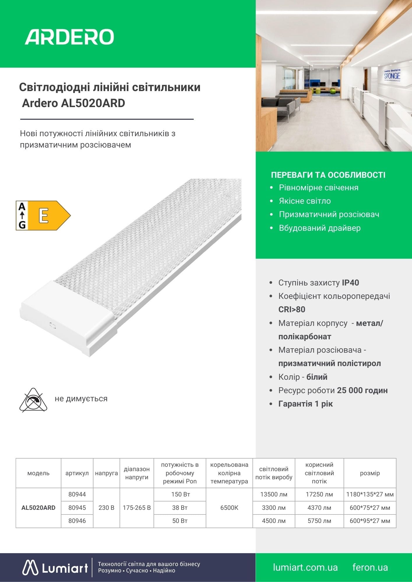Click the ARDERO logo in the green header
pyautogui.click(x=69, y=37)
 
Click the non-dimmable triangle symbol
pyautogui.click(x=33, y=400)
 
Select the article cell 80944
pyautogui.click(x=77, y=494)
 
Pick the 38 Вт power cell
pyautogui.click(x=180, y=508)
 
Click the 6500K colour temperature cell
pyautogui.click(x=229, y=508)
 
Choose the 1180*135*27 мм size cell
pyautogui.click(x=370, y=494)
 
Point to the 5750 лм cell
pyautogui.click(x=319, y=521)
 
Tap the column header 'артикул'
pyautogui.click(x=77, y=473)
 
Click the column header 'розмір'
pyautogui.click(x=370, y=473)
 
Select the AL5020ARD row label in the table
pyautogui.click(x=38, y=508)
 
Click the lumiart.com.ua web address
pyautogui.click(x=305, y=567)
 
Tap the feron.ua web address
pyautogui.click(x=370, y=567)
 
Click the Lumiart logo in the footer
pyautogui.click(x=55, y=568)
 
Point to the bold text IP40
pyautogui.click(x=350, y=283)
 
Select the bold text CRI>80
pyautogui.click(x=292, y=309)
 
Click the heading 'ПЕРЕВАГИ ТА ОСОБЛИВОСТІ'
pyautogui.click(x=328, y=175)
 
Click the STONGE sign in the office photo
pyautogui.click(x=392, y=76)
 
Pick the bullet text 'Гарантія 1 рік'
pyautogui.click(x=305, y=404)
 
